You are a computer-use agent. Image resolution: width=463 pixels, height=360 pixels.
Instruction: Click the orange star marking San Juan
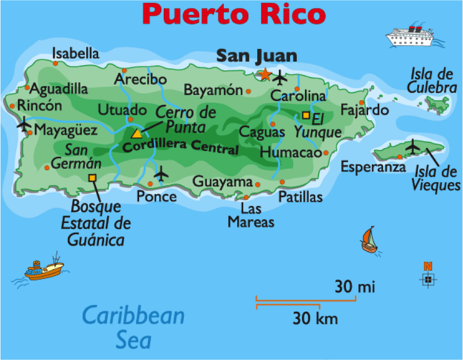[265, 74]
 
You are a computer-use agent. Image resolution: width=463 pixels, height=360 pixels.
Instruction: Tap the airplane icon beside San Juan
[280, 78]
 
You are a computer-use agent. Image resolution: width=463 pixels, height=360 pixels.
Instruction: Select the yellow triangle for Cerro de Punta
[137, 134]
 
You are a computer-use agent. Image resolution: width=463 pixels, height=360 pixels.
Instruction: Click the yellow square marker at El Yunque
[306, 116]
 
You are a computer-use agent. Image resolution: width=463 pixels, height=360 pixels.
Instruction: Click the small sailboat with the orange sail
[369, 240]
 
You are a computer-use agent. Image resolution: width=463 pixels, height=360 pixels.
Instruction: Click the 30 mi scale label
[355, 286]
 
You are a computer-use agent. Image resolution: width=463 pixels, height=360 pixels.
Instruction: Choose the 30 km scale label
[315, 318]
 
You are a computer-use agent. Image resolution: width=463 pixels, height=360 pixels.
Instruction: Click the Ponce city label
[157, 196]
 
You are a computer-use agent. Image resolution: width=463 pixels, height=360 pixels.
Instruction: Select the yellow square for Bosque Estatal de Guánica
[92, 178]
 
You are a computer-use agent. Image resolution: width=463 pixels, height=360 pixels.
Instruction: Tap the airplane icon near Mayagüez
[24, 124]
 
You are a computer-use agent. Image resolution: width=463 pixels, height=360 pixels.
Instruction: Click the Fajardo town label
[364, 110]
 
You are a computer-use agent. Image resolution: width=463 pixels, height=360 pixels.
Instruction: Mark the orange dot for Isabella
[55, 63]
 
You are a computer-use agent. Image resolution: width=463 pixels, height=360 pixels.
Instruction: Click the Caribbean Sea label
[133, 327]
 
